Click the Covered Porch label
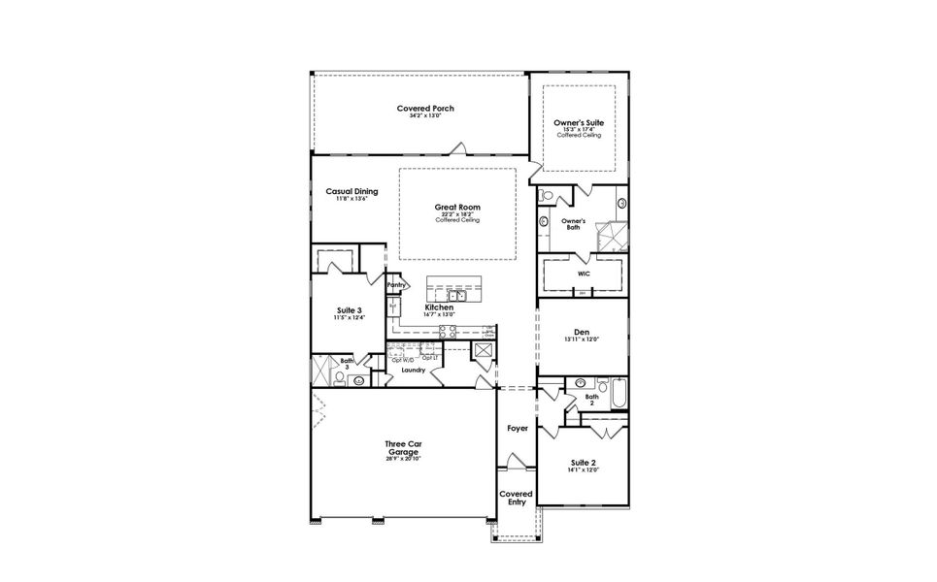(425, 108)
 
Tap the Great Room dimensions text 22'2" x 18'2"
(457, 214)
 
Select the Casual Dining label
(351, 191)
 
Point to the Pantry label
(395, 285)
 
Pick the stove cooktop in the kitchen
(448, 331)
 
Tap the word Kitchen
(439, 307)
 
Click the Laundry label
(414, 370)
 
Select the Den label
(582, 332)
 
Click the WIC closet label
(584, 275)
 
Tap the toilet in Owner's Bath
(547, 197)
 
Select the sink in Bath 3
(358, 381)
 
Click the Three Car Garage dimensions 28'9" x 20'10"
(403, 459)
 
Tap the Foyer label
(517, 428)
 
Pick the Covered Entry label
(516, 498)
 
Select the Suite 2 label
(584, 463)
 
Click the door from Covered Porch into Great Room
(457, 149)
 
